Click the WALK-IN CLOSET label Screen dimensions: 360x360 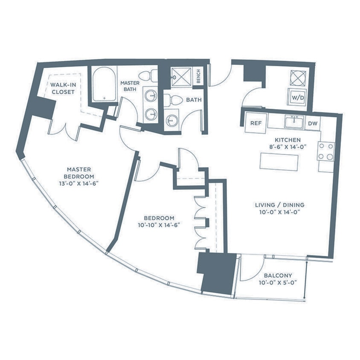[x=63, y=88]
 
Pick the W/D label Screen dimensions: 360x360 [x=298, y=97]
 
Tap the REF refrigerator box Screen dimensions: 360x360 [x=255, y=123]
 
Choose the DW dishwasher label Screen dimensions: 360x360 [x=312, y=123]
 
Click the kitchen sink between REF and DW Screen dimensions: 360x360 [x=294, y=122]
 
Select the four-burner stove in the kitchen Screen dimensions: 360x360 [x=325, y=151]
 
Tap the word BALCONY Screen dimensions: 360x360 [x=278, y=275]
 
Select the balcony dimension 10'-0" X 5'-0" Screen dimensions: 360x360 [x=278, y=282]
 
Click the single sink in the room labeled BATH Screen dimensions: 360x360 [x=171, y=119]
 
